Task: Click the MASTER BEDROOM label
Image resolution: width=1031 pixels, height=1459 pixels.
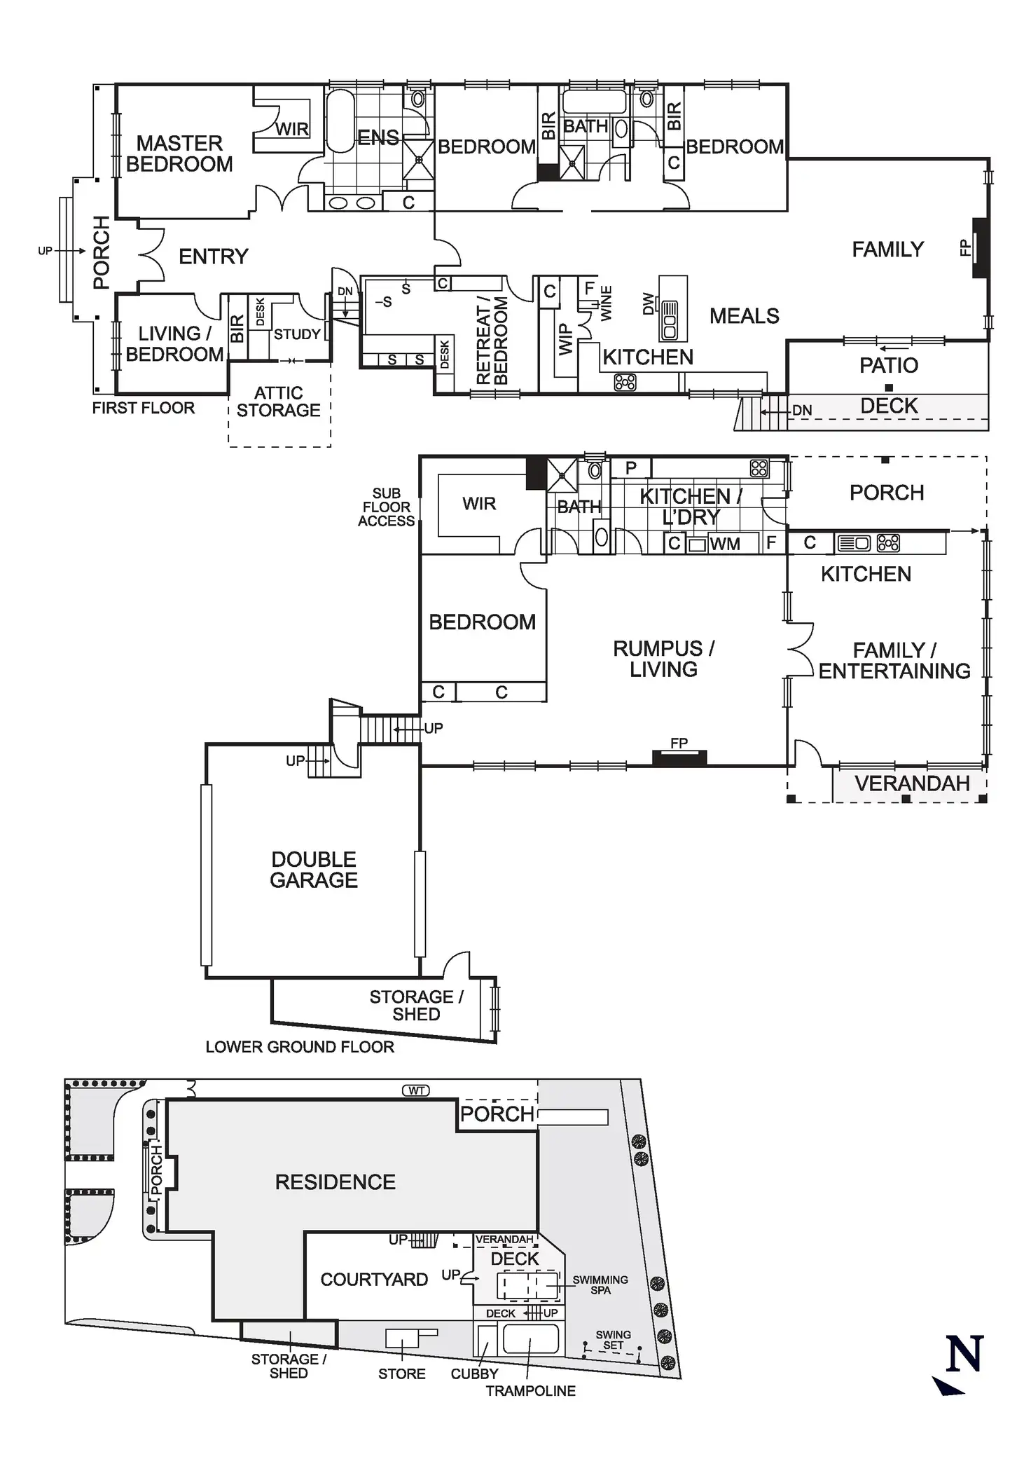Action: click(x=179, y=153)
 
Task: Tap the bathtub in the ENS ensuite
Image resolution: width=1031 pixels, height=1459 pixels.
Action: click(x=341, y=120)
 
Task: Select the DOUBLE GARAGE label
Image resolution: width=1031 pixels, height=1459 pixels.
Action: click(x=314, y=870)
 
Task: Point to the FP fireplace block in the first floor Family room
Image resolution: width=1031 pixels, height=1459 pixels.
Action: click(x=980, y=248)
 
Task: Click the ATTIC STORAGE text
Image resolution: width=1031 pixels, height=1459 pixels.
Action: click(x=279, y=402)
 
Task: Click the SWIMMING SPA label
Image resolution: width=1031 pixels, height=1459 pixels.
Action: click(x=600, y=1285)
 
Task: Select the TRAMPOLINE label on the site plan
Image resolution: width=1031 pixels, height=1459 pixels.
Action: click(x=531, y=1391)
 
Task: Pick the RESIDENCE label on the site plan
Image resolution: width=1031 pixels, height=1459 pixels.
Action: click(x=335, y=1182)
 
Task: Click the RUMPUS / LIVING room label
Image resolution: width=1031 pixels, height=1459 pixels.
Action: click(x=663, y=659)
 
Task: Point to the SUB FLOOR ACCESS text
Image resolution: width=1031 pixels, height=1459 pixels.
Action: click(x=386, y=507)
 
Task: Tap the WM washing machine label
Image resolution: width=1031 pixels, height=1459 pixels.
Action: click(x=724, y=544)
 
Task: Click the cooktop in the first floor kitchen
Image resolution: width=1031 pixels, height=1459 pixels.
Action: click(x=625, y=382)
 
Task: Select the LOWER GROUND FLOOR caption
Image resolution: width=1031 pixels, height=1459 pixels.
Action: click(x=300, y=1047)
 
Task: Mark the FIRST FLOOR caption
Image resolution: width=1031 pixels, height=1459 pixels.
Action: click(x=144, y=408)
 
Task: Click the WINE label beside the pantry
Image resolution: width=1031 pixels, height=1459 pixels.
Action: click(x=607, y=303)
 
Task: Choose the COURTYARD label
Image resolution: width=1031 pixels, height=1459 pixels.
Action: click(x=374, y=1280)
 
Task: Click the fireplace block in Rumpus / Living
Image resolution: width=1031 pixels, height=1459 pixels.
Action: click(x=679, y=757)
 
